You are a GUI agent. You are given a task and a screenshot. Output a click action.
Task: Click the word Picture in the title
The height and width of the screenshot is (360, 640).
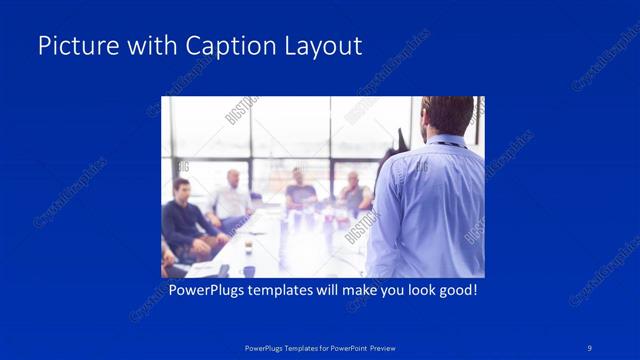click(72, 46)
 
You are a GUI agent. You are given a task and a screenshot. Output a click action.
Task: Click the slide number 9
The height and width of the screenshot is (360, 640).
click(591, 347)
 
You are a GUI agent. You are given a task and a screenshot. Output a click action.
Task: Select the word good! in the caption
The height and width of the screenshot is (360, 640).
click(455, 291)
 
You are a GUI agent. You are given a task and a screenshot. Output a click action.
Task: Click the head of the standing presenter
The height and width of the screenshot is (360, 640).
click(447, 115)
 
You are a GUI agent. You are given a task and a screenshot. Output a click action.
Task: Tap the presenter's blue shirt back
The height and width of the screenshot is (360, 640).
click(430, 210)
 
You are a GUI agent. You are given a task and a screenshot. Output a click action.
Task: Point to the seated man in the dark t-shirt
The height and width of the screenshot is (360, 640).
click(299, 190)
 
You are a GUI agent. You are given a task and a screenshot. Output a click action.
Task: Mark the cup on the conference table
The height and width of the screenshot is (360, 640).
click(248, 270)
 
